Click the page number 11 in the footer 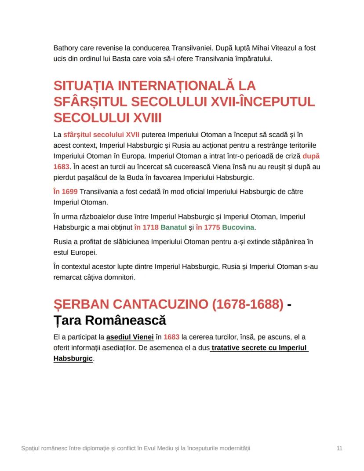pyautogui.click(x=339, y=448)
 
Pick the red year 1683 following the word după pyautogui.click(x=61, y=167)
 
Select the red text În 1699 pyautogui.click(x=65, y=192)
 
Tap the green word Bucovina pyautogui.click(x=238, y=227)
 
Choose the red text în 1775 pyautogui.click(x=207, y=227)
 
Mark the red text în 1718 pyautogui.click(x=146, y=227)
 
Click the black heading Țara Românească pyautogui.click(x=109, y=320)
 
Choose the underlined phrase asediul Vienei pyautogui.click(x=130, y=337)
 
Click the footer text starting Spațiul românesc pyautogui.click(x=136, y=448)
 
